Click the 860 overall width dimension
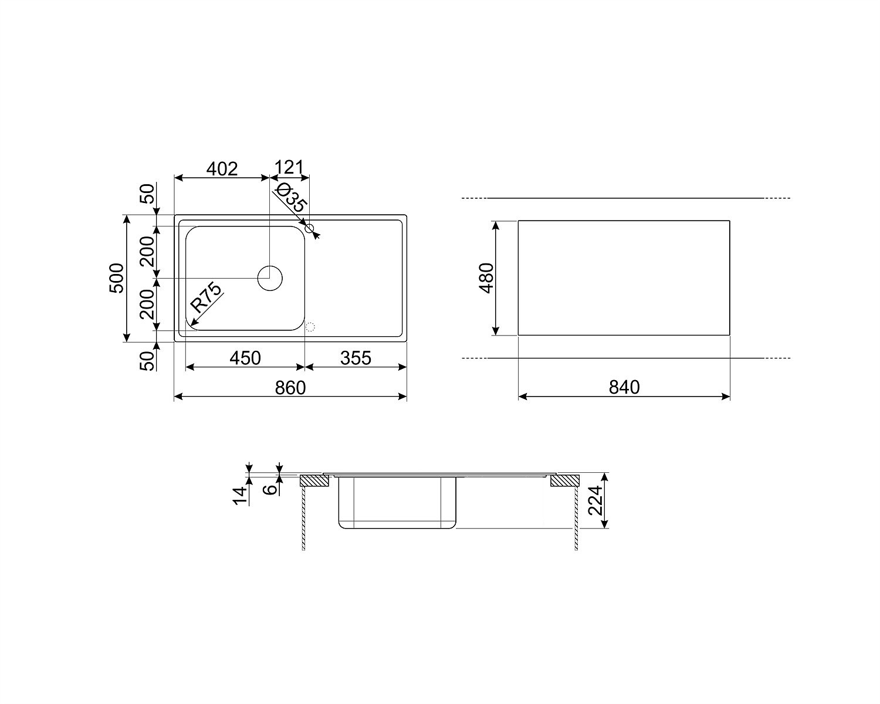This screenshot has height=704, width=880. point(290,388)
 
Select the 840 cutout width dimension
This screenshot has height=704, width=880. point(624,387)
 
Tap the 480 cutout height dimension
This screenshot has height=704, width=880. point(486,278)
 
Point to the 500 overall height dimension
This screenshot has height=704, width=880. point(117,278)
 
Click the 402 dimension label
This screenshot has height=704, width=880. point(222,169)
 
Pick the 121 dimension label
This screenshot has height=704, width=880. point(289,168)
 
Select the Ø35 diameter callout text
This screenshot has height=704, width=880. point(291,198)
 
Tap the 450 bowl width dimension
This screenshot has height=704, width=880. point(245,358)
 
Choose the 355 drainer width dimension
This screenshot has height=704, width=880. point(356,358)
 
